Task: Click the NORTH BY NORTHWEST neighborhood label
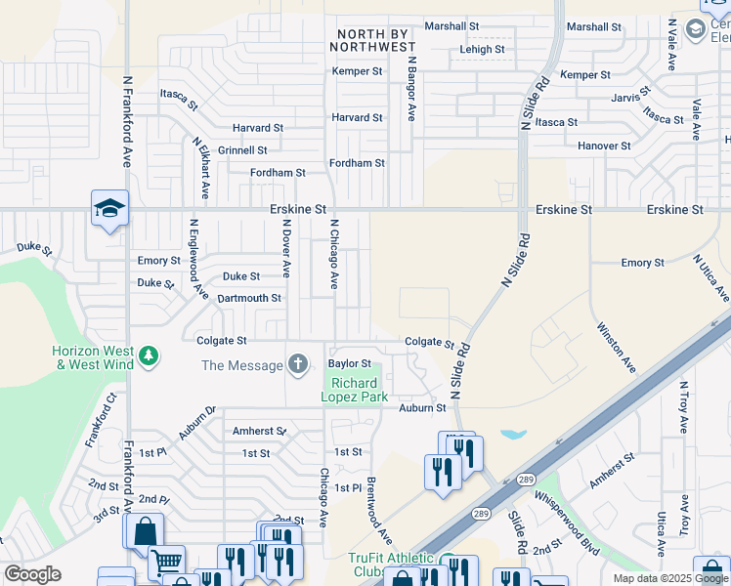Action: (375, 40)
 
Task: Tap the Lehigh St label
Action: (482, 50)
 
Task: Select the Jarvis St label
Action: (631, 98)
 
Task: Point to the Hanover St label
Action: (604, 146)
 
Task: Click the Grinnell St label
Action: (242, 150)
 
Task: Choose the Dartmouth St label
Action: (249, 298)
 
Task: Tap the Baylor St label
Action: (349, 363)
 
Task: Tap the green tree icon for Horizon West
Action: (148, 356)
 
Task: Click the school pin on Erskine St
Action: (109, 209)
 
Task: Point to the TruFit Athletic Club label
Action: (391, 565)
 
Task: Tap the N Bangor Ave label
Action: (412, 88)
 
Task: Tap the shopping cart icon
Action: (167, 563)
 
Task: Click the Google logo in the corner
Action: (33, 574)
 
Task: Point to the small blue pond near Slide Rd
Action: (510, 434)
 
